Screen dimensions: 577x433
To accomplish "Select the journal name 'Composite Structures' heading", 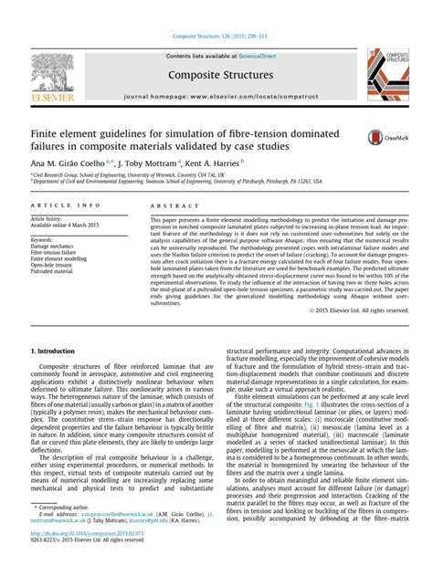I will point(217,74).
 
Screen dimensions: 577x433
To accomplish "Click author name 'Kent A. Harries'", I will point(216,159).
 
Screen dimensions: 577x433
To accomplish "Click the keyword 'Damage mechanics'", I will point(56,247).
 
